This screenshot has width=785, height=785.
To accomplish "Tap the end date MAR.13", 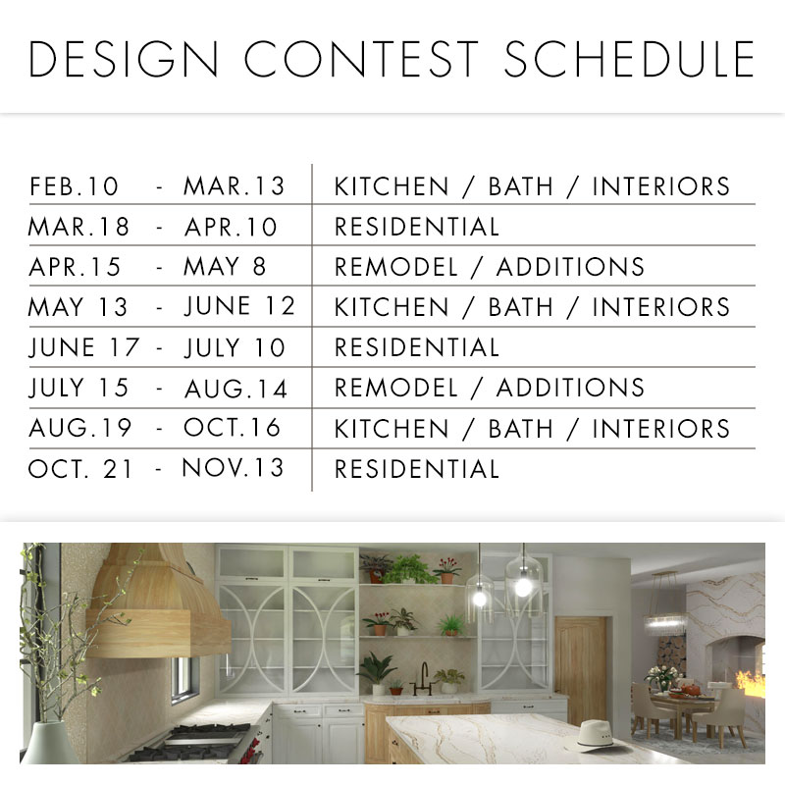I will click(234, 186).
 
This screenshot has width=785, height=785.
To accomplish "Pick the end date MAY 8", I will click(226, 267).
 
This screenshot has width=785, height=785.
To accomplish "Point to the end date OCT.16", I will click(233, 428).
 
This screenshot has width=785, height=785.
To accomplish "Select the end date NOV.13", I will click(234, 468).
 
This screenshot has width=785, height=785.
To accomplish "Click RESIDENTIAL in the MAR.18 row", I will click(417, 227).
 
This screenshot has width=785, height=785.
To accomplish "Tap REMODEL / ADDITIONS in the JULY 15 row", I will click(490, 388).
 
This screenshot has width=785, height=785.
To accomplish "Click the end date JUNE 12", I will click(239, 307).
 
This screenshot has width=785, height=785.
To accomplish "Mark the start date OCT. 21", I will click(80, 468).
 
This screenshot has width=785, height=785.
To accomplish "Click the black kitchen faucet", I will click(425, 674).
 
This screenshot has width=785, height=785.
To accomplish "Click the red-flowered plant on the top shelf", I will click(447, 568).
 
